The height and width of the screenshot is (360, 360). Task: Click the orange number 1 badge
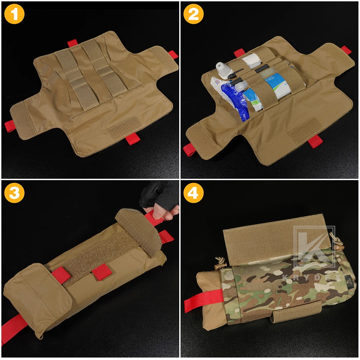(x=14, y=15)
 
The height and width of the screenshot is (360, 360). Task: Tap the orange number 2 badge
(x=194, y=15)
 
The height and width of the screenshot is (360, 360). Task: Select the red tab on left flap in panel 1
(x=10, y=126)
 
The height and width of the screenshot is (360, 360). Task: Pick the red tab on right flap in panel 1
(x=173, y=54)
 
